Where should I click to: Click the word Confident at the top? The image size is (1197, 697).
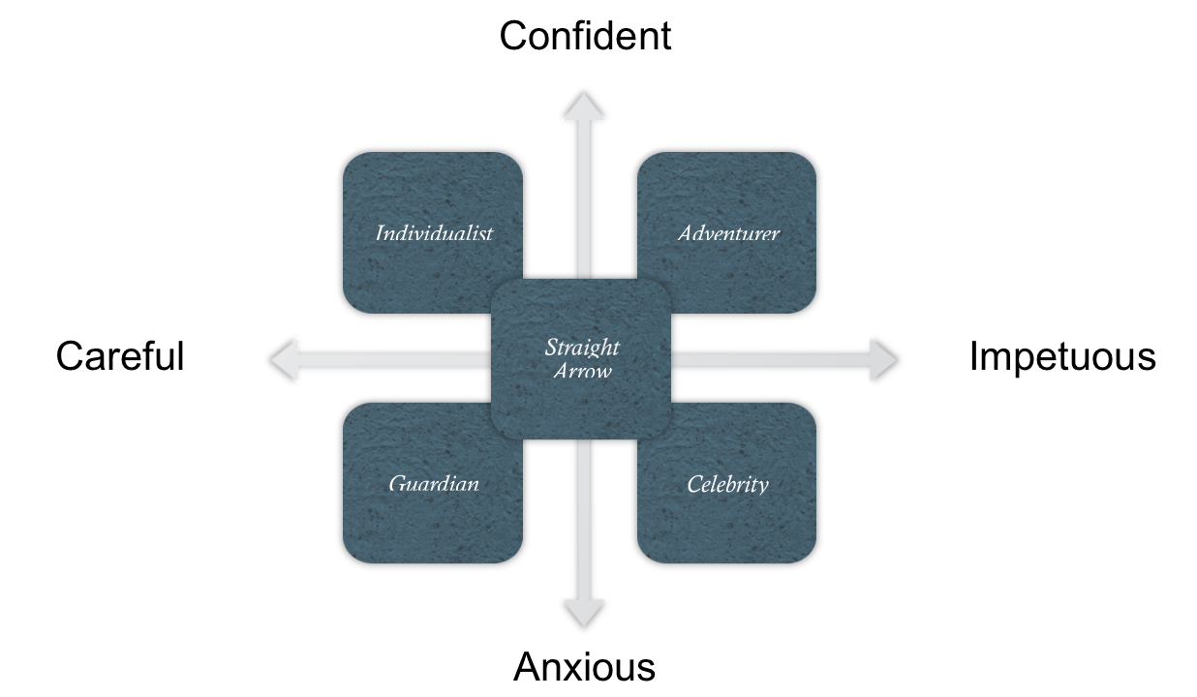pos(585,37)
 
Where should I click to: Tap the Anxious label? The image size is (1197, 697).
pos(584,667)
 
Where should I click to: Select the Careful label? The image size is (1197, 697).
pos(120,356)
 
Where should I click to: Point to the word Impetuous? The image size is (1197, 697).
pos(1062,356)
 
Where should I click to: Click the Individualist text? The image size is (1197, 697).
pos(434,233)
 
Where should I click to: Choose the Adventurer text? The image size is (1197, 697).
pos(728,233)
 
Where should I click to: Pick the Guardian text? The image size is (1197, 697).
pos(434,483)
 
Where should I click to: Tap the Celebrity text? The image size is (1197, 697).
pos(727,484)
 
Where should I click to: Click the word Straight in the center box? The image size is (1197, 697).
pos(581,348)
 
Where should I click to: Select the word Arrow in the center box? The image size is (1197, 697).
pos(582,370)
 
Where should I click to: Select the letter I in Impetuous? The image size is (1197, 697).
pos(973,356)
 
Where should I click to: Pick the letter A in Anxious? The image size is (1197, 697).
pos(526,667)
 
